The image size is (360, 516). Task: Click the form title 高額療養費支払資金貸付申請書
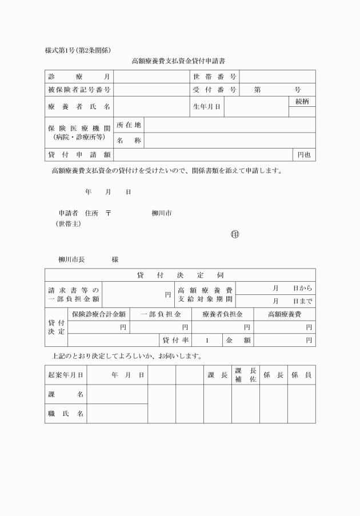pyautogui.click(x=181, y=60)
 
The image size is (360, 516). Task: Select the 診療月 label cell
pyautogui.click(x=79, y=77)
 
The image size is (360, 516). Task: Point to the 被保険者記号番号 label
pyautogui.click(x=79, y=90)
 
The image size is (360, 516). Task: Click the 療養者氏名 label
pyautogui.click(x=79, y=107)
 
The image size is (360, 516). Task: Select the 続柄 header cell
pyautogui.click(x=302, y=101)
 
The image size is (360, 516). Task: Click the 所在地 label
pyautogui.click(x=129, y=125)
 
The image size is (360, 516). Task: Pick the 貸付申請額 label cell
pyautogui.click(x=79, y=154)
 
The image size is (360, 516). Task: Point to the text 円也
pyautogui.click(x=304, y=154)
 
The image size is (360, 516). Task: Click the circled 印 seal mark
pyautogui.click(x=234, y=234)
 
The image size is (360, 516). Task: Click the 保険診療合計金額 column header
pyautogui.click(x=98, y=314)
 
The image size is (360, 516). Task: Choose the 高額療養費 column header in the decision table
pyautogui.click(x=285, y=314)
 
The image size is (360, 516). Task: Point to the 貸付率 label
pyautogui.click(x=175, y=340)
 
